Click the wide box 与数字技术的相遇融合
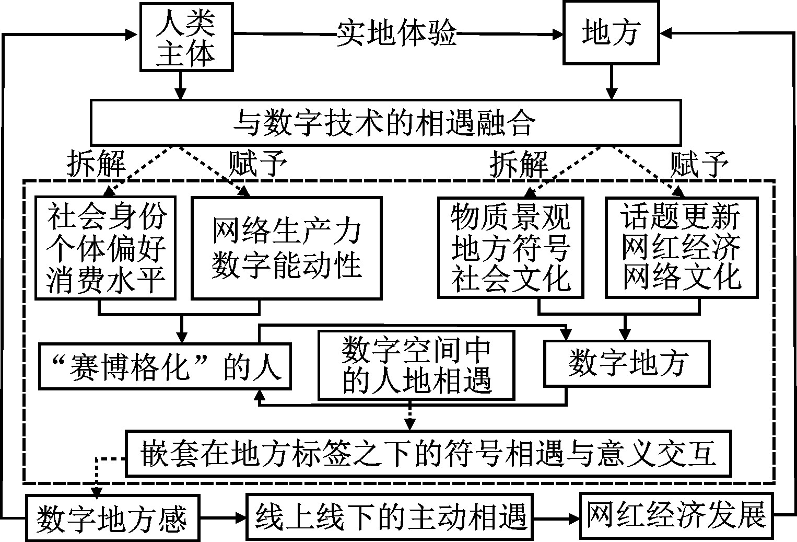click(x=385, y=122)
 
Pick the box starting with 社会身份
click(x=106, y=247)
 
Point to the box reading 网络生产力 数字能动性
click(x=286, y=247)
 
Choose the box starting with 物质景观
click(x=510, y=247)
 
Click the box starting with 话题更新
click(x=681, y=247)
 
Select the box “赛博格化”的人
click(x=165, y=366)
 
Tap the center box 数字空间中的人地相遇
click(x=416, y=364)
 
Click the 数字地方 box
click(x=627, y=363)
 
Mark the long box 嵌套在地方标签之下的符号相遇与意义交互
click(x=428, y=453)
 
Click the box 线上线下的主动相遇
click(x=391, y=517)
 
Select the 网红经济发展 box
click(x=676, y=515)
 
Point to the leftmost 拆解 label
click(x=96, y=164)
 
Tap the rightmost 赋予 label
click(x=699, y=164)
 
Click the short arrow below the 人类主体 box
click(x=180, y=85)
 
